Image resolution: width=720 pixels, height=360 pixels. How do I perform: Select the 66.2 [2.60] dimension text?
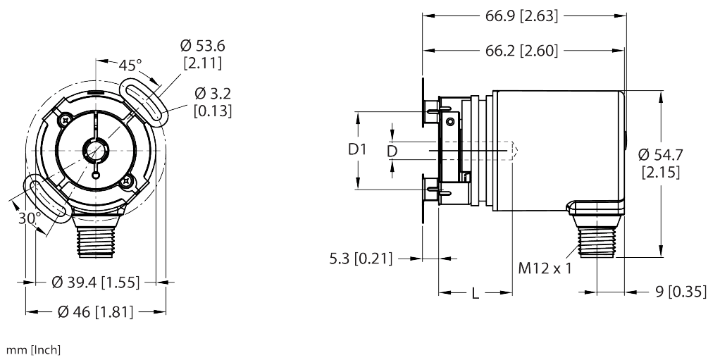pos(521,51)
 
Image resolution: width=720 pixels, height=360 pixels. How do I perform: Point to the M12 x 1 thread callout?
pos(544,268)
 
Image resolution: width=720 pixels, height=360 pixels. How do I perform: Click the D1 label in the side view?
pos(359,149)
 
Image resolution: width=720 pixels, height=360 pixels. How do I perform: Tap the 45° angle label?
pos(129,66)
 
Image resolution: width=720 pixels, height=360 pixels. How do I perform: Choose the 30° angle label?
pos(27,219)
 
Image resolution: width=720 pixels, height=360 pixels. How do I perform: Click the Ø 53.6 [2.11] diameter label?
pos(202,54)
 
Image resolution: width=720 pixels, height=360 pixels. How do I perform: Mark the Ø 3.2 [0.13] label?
pos(212,102)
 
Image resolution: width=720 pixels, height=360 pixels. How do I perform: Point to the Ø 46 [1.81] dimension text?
pos(95,312)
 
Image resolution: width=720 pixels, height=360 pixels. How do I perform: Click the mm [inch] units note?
pos(33,350)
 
